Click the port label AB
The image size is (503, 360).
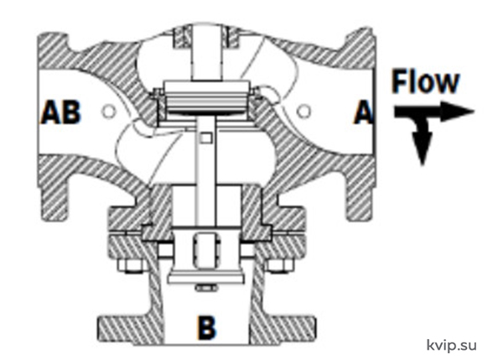(x=61, y=112)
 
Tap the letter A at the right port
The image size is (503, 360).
(x=364, y=112)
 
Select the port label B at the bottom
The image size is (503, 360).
(x=206, y=328)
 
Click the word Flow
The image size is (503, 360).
(x=426, y=82)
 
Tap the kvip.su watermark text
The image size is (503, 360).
(x=452, y=345)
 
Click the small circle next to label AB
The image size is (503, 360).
(x=108, y=111)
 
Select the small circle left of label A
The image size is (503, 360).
(x=303, y=111)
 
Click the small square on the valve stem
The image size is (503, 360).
(x=205, y=138)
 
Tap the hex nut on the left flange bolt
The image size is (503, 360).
(x=130, y=265)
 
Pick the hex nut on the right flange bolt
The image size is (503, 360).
(x=280, y=265)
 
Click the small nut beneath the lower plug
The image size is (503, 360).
(x=206, y=288)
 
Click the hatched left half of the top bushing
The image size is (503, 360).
(x=182, y=37)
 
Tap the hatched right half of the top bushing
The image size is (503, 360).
(x=231, y=37)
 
